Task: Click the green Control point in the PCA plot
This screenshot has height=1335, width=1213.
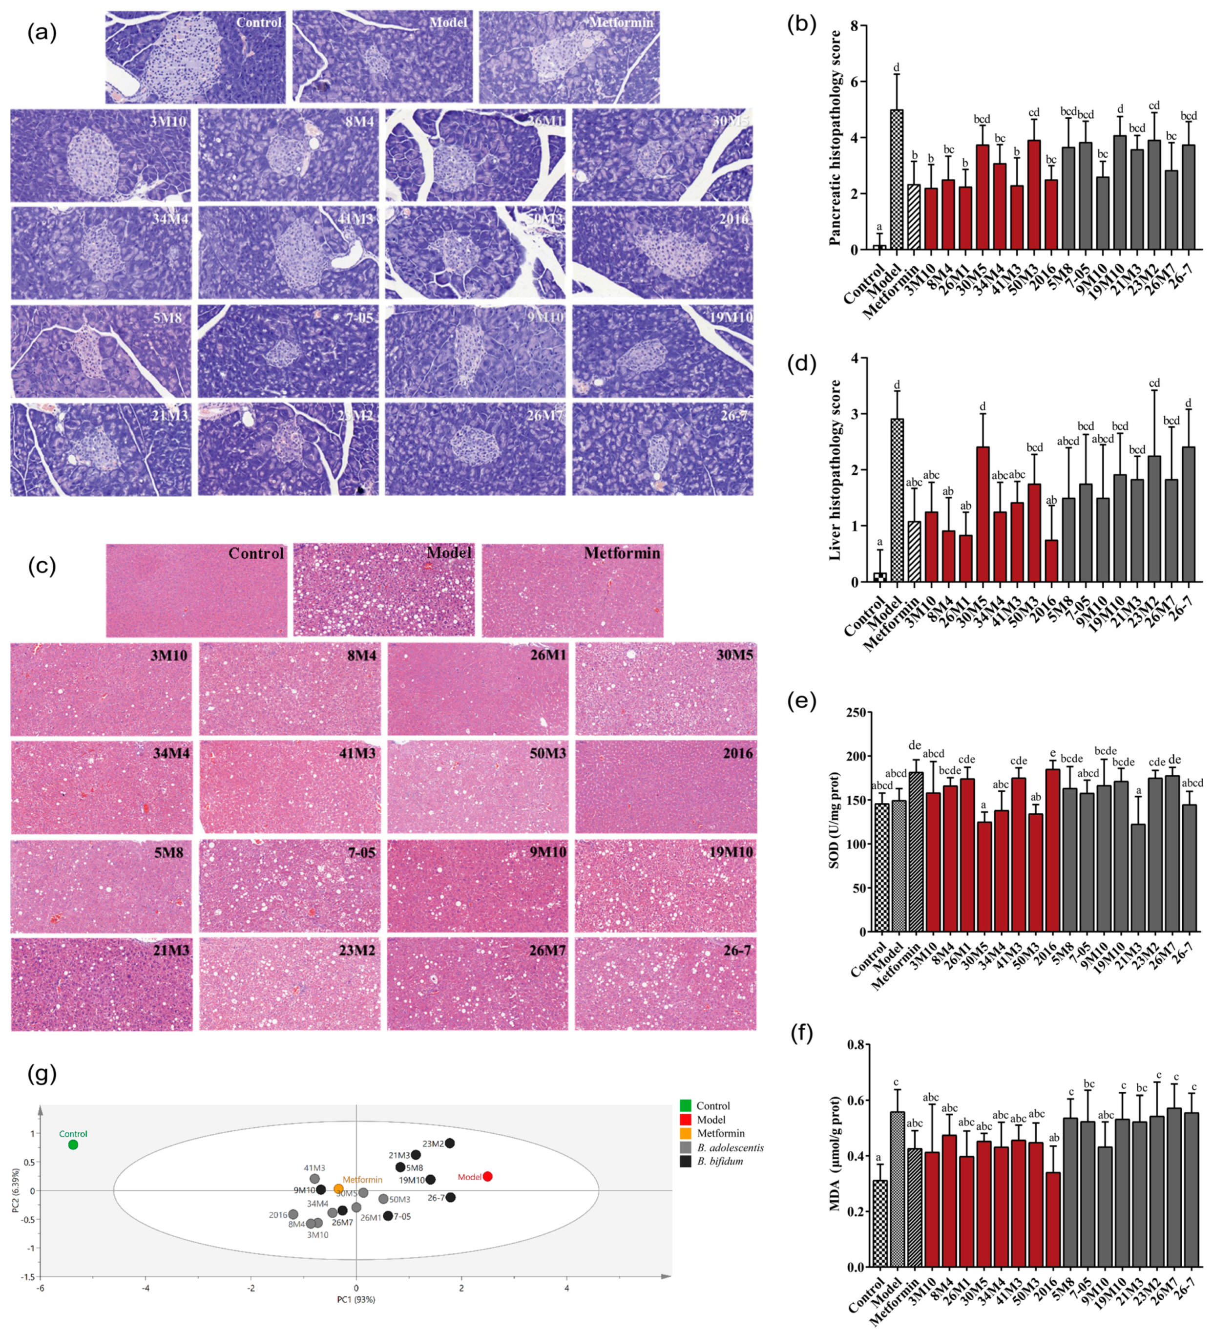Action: (x=73, y=1145)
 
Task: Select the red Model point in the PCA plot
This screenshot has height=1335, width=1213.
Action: (x=487, y=1176)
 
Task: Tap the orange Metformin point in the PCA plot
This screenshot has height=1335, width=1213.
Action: (x=338, y=1188)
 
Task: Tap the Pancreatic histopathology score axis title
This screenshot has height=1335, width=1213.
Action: (x=836, y=138)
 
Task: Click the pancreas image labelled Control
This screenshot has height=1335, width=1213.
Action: (x=195, y=57)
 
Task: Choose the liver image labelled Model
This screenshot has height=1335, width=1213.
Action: (x=384, y=590)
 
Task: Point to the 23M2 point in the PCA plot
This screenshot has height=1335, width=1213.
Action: (x=450, y=1143)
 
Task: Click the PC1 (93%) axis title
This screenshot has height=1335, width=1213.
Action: (x=356, y=1299)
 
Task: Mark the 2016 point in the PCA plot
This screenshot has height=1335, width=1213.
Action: (x=293, y=1214)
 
